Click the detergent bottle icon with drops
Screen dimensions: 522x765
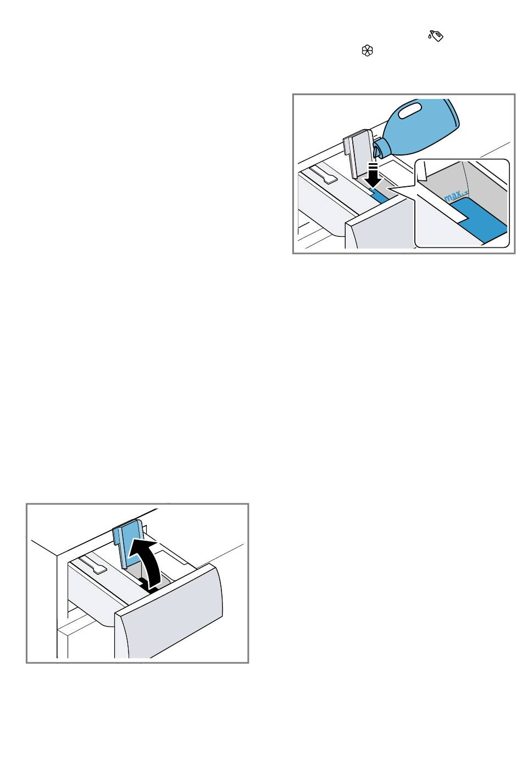(x=436, y=36)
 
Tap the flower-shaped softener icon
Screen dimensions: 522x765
(x=368, y=51)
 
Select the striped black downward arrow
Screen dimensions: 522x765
(x=374, y=175)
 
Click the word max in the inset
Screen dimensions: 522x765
(x=453, y=196)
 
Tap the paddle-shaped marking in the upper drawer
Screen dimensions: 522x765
(x=324, y=174)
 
